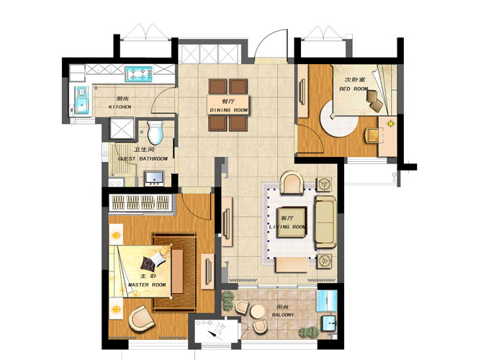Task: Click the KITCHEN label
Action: click(x=120, y=107)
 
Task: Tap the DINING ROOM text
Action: click(x=228, y=110)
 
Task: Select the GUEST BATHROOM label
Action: click(x=143, y=159)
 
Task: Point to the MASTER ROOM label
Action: click(x=147, y=285)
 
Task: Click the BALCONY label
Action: click(x=283, y=315)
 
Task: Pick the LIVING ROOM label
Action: click(x=287, y=227)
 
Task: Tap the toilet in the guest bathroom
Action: click(x=156, y=132)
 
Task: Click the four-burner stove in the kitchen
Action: click(x=139, y=74)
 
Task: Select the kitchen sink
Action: click(x=82, y=99)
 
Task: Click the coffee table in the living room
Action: click(x=292, y=222)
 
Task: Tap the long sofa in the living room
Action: click(x=325, y=222)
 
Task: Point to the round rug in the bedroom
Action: click(x=339, y=120)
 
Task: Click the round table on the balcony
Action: click(x=258, y=312)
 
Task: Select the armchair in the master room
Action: click(x=142, y=318)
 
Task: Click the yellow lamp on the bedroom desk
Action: click(x=390, y=123)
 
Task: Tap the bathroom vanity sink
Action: click(x=155, y=179)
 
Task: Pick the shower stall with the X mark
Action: click(x=122, y=128)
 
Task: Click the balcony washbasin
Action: click(x=328, y=323)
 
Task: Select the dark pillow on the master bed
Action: click(x=148, y=264)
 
